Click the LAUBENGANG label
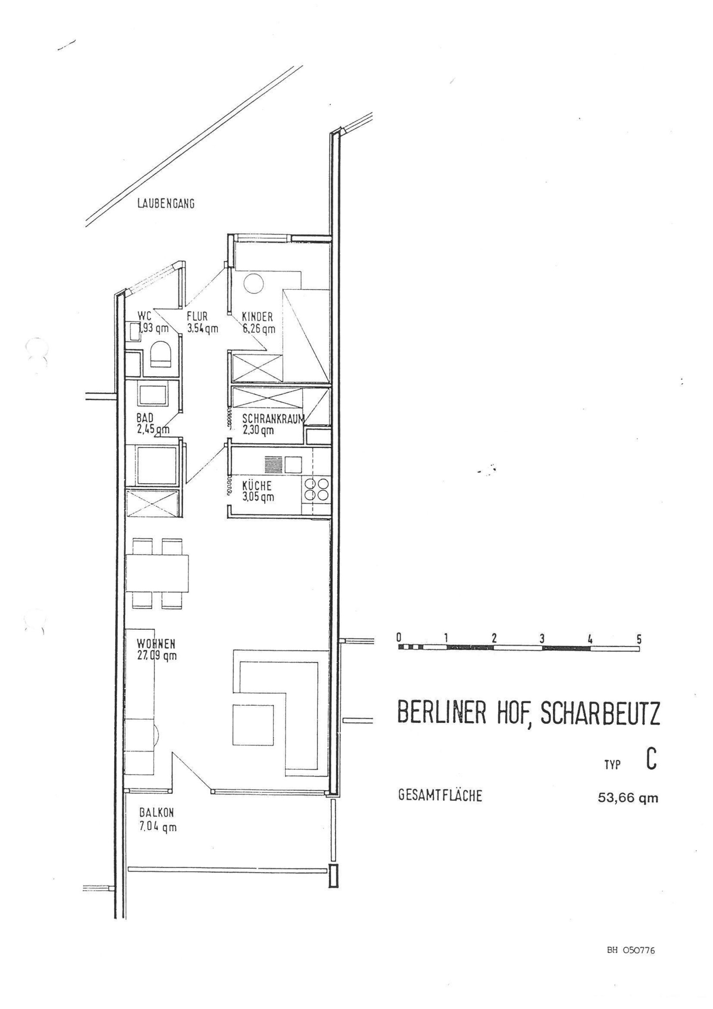(166, 204)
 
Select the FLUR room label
(197, 317)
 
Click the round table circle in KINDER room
(253, 284)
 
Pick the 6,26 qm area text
(259, 328)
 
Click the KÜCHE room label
(257, 486)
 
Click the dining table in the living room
(157, 574)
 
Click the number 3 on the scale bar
(543, 638)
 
